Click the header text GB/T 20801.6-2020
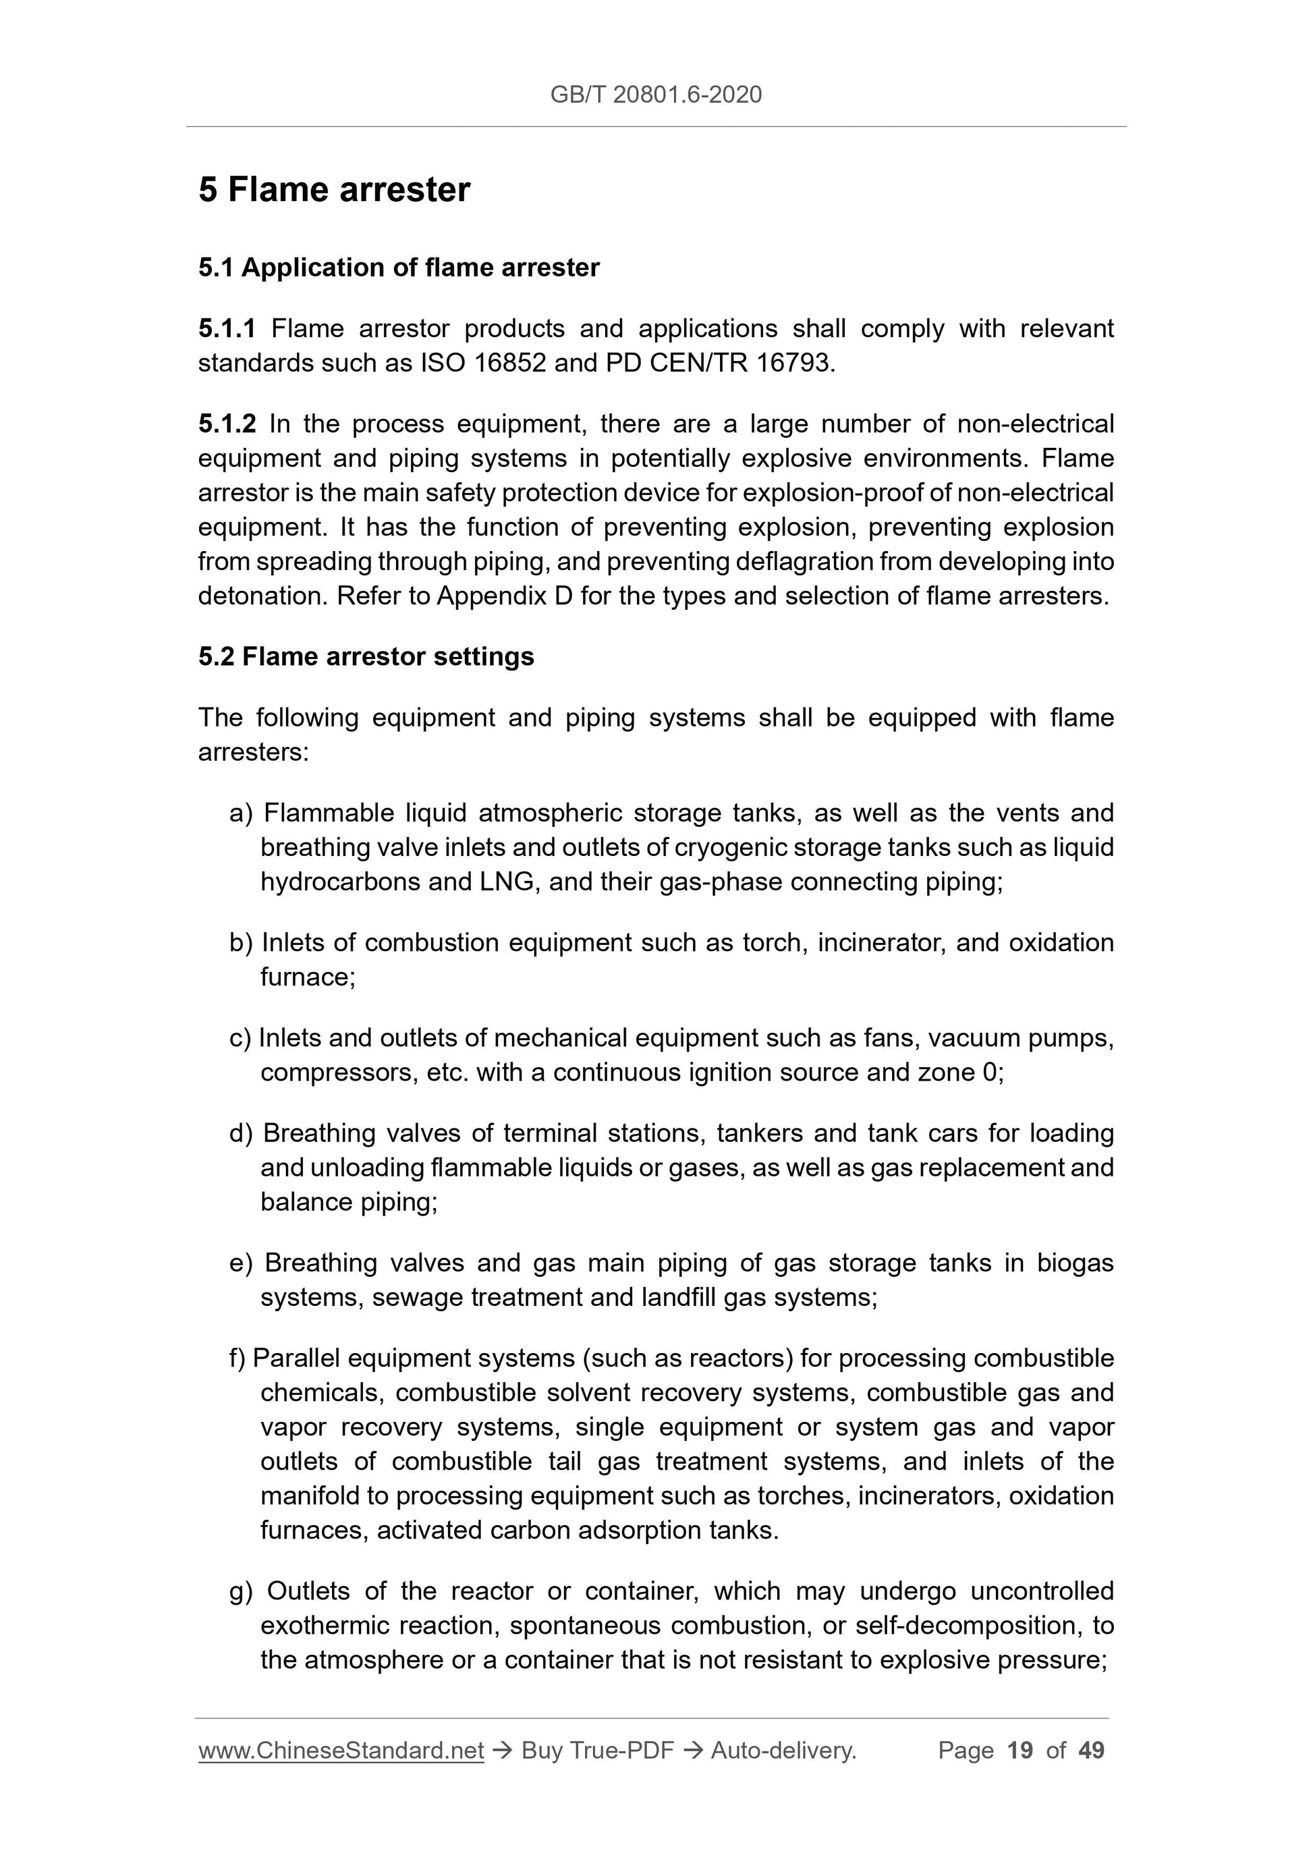[655, 94]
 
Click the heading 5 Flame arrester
[334, 190]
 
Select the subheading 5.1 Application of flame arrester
[399, 268]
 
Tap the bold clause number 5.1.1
[227, 328]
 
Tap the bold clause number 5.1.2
[227, 424]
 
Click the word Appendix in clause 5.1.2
[491, 596]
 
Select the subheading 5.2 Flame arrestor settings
[366, 657]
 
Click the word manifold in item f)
[309, 1496]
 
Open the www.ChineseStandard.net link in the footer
[341, 1751]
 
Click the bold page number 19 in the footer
[1020, 1751]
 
